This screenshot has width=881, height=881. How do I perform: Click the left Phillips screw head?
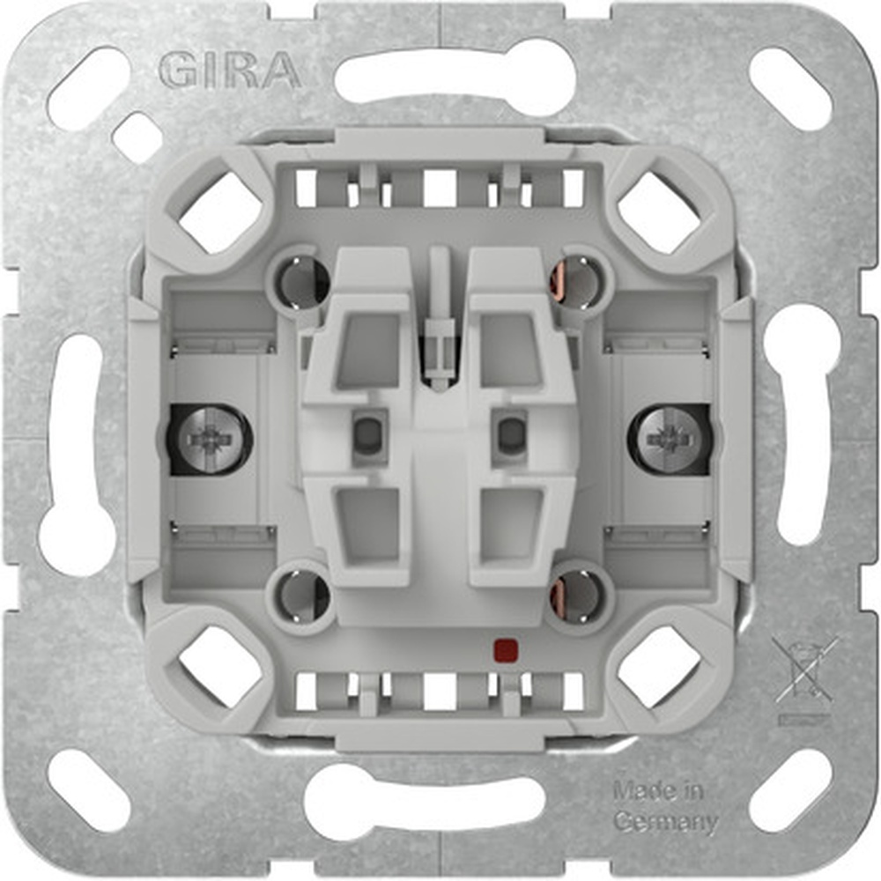[210, 438]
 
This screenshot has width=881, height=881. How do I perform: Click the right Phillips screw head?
[670, 438]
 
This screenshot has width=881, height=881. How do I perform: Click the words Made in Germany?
[665, 806]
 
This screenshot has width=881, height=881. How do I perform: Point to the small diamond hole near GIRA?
[137, 137]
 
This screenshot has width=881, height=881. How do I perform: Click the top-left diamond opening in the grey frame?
[220, 211]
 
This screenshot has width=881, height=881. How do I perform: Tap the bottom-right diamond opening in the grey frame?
[659, 667]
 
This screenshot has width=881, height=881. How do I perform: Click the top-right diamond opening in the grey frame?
[659, 211]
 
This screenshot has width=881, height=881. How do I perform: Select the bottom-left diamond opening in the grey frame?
[220, 667]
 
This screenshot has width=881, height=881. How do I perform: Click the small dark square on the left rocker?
[365, 432]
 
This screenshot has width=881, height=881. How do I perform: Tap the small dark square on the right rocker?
[510, 432]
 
